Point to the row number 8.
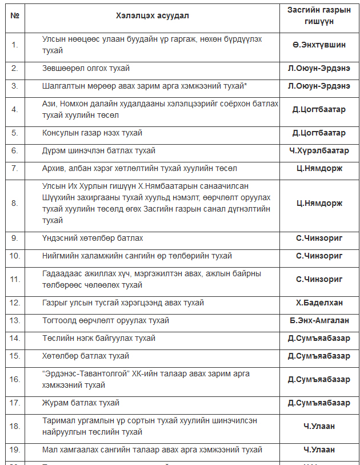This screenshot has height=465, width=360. [15, 203]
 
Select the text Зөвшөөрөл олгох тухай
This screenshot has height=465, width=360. [86, 69]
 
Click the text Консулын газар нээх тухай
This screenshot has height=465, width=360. [92, 133]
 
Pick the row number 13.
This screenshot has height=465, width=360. [15, 321]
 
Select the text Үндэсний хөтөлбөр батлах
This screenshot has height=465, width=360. [93, 238]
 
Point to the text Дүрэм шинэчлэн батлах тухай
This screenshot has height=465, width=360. [98, 151]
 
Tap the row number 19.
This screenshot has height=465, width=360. [15, 450]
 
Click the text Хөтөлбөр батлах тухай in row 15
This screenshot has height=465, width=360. [86, 356]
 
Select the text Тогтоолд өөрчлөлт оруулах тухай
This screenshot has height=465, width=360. [105, 321]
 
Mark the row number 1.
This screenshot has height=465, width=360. [15, 44]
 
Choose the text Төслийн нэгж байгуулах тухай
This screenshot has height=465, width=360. [99, 339]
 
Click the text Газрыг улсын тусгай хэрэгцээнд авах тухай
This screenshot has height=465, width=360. [123, 303]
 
